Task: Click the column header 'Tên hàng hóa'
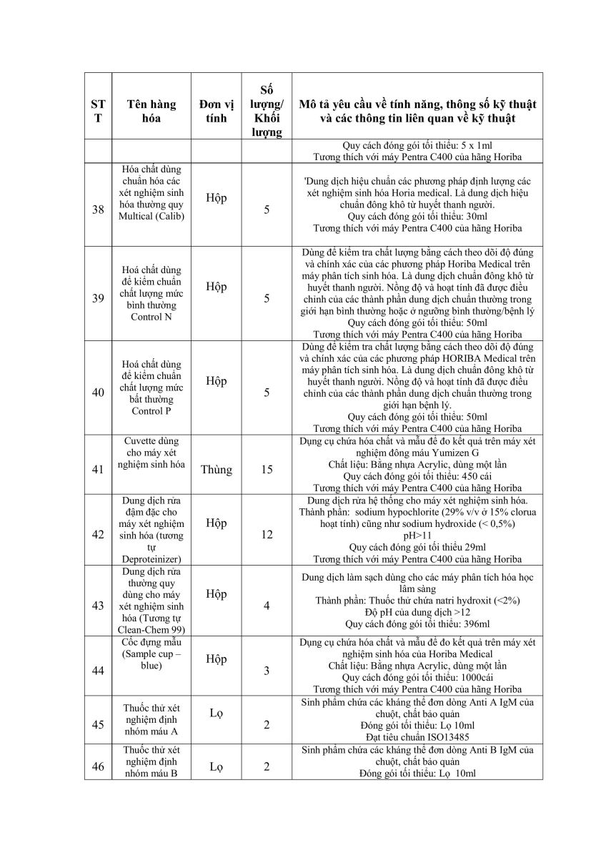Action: (x=151, y=111)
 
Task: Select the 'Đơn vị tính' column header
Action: (x=216, y=111)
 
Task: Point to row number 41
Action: (x=99, y=470)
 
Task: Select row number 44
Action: (x=99, y=671)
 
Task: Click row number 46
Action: (x=99, y=767)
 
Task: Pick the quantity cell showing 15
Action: (x=267, y=470)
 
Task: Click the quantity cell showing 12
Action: (x=267, y=534)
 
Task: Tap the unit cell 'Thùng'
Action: (x=216, y=470)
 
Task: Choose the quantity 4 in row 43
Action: (x=267, y=606)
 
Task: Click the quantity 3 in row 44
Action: (x=267, y=671)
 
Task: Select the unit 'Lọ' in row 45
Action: (x=216, y=713)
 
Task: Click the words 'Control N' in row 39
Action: (x=151, y=317)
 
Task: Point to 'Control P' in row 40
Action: (x=151, y=411)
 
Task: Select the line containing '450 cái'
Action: (x=417, y=475)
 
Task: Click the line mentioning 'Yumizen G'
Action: (x=417, y=453)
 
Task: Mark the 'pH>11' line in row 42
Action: (x=417, y=535)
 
